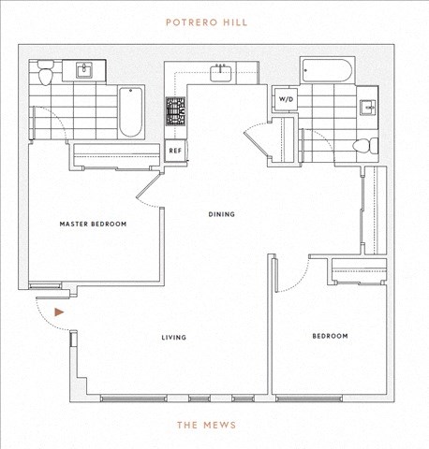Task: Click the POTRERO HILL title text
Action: point(206,22)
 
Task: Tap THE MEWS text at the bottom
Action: point(206,425)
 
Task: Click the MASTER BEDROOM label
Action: point(93,224)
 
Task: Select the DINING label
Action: point(221,214)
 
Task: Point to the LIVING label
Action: point(174,338)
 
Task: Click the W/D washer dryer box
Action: point(286,99)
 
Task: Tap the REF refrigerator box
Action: point(175,151)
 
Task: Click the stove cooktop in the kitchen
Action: point(175,111)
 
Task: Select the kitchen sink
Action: point(221,73)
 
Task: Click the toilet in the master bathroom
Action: point(46,73)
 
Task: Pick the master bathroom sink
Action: point(84,70)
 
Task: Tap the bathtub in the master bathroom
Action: point(131,112)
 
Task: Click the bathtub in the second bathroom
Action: point(328,70)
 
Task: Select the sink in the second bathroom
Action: point(367,108)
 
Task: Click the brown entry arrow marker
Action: point(59,312)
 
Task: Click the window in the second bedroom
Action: point(309,398)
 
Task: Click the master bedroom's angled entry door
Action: point(148,185)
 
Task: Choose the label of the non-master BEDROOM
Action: point(330,336)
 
